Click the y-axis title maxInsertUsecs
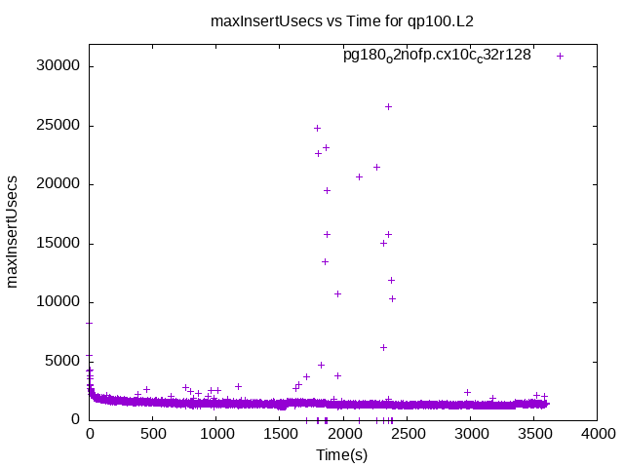tap(13, 232)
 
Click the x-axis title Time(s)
tap(341, 455)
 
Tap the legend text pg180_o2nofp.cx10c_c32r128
tap(437, 56)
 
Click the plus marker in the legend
tap(560, 56)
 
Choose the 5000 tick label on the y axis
tap(62, 361)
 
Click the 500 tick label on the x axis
tap(153, 433)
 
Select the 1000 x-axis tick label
tap(216, 433)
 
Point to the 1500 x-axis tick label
tap(280, 433)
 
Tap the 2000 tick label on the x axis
tap(343, 433)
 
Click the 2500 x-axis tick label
tap(407, 433)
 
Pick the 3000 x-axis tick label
tap(470, 433)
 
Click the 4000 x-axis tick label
tap(597, 433)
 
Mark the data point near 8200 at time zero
tap(90, 323)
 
